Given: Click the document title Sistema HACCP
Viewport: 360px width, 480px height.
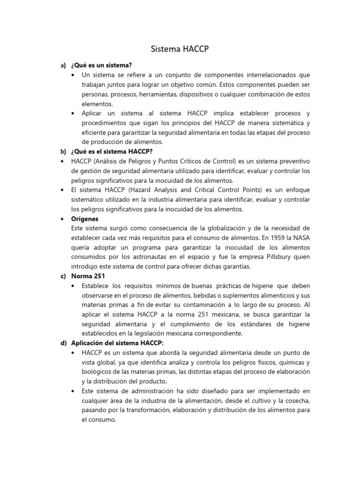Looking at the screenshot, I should click(x=180, y=49).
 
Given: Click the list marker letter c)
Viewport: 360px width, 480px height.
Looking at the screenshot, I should click(x=63, y=276).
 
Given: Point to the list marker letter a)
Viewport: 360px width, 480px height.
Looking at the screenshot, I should click(x=63, y=65).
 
